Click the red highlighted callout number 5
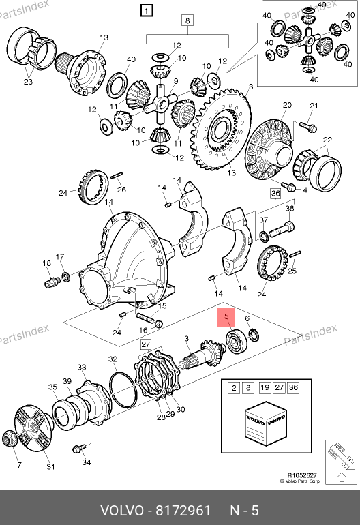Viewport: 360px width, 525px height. tap(226, 318)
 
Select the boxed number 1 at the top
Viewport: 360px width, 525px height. tap(147, 10)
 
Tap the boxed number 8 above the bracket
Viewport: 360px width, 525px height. tap(187, 20)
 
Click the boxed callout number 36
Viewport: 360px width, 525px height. tap(275, 194)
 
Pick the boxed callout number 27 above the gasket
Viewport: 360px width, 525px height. tap(146, 344)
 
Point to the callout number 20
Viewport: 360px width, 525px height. tap(287, 105)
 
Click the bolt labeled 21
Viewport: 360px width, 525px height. tap(307, 127)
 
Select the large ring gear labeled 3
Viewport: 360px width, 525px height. tap(221, 129)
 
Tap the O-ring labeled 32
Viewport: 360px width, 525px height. tap(123, 390)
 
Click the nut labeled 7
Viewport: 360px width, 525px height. tap(9, 438)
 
